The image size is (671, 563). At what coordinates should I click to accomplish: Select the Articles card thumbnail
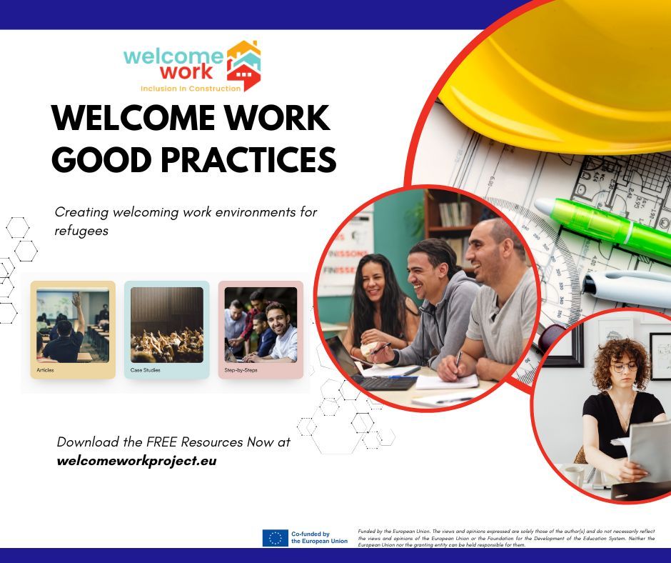[x=73, y=325]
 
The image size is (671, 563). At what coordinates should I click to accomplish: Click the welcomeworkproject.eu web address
[x=136, y=461]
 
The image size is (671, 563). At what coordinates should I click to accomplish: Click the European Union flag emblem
[x=275, y=538]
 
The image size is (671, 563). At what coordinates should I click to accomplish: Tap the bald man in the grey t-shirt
[x=500, y=286]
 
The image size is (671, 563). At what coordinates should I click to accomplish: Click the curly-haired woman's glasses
[x=623, y=367]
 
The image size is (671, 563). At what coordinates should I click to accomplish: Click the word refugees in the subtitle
[x=81, y=231]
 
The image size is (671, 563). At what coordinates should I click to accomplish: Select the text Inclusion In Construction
[x=191, y=89]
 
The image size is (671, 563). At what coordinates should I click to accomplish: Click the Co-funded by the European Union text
[x=319, y=538]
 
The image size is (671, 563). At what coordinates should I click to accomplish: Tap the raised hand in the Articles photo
[x=76, y=300]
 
